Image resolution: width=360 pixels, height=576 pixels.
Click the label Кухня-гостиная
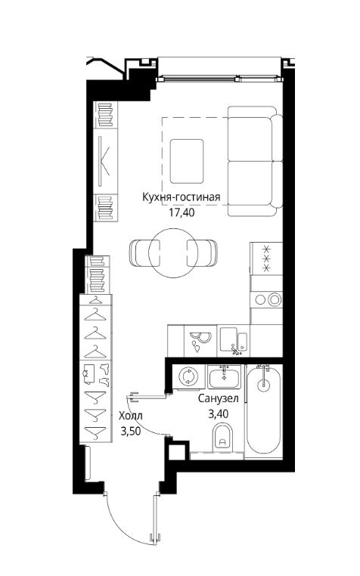point(182,197)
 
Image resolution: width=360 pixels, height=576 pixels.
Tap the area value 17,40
point(182,212)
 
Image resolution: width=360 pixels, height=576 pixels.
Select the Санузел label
point(219,398)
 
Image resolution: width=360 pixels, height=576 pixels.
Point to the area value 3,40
point(219,414)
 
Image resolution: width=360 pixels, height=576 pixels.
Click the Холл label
point(131,416)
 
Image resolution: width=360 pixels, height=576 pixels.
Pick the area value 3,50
point(131,431)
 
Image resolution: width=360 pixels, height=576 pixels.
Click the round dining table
point(173,252)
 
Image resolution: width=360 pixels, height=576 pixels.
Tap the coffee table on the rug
point(187,161)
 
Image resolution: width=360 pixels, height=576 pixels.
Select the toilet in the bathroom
point(222,437)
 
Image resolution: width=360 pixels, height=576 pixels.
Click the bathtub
point(264,411)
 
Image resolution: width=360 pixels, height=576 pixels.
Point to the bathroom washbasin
point(224,377)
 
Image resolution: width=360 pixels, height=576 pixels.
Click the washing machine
point(188,377)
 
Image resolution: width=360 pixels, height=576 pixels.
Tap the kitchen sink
point(234,340)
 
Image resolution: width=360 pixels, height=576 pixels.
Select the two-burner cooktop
point(267,299)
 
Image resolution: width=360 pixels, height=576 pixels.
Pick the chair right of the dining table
point(201,253)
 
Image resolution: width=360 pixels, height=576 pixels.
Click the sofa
point(255,161)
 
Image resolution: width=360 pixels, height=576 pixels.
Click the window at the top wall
point(220,78)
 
